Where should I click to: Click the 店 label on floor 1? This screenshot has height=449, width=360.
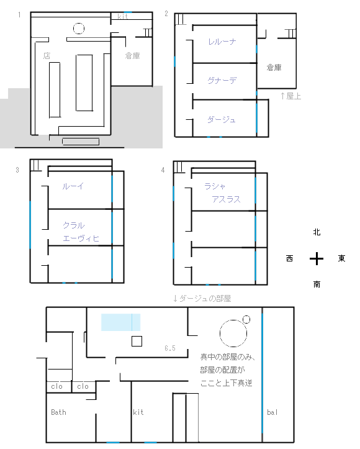coord(47,55)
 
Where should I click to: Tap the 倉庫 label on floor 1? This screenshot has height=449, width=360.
coord(132,55)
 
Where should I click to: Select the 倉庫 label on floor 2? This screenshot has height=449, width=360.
coord(274,67)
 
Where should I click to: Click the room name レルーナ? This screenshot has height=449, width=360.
coord(222,42)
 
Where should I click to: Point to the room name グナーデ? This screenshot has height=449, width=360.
coord(222,80)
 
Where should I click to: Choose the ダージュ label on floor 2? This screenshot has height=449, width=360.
coord(222,119)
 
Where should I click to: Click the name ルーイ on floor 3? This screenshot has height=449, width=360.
coord(73,186)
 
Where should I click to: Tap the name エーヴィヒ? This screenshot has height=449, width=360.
coord(81,238)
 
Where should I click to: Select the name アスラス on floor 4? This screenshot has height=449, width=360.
coord(226,199)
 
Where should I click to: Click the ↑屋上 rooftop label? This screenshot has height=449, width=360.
coord(290,96)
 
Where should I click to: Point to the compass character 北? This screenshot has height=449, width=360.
coord(317,232)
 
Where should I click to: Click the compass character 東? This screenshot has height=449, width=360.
coord(341,258)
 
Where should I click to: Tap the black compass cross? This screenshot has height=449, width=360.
coord(317,258)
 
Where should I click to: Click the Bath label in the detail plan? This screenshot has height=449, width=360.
coord(59,412)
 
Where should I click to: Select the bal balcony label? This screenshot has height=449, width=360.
coord(272,412)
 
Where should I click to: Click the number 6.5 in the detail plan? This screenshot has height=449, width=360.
coord(170,348)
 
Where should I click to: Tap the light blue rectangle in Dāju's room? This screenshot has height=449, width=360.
coord(121,322)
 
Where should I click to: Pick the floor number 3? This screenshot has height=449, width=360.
coord(17,170)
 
